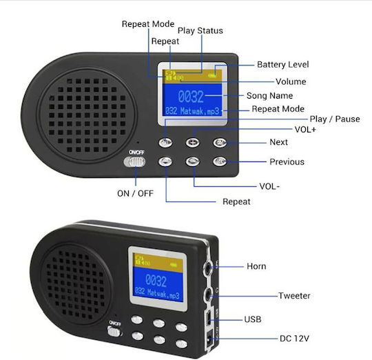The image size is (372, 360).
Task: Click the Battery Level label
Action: pyautogui.click(x=283, y=65)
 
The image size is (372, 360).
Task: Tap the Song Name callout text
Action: pyautogui.click(x=270, y=96)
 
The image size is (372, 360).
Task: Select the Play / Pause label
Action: pyautogui.click(x=335, y=119)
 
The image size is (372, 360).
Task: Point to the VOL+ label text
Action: pyautogui.click(x=305, y=130)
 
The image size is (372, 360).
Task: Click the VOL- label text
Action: pyautogui.click(x=269, y=186)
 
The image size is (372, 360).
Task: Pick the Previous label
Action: pyautogui.click(x=287, y=162)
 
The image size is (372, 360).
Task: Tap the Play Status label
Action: pyautogui.click(x=200, y=30)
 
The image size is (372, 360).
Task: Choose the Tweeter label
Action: pyautogui.click(x=294, y=296)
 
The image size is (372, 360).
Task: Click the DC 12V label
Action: pyautogui.click(x=294, y=339)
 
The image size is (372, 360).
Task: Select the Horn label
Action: pyautogui.click(x=256, y=266)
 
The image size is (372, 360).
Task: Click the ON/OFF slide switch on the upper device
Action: pyautogui.click(x=134, y=162)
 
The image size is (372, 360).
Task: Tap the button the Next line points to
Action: pyautogui.click(x=220, y=143)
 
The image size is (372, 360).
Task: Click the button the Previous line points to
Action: pyautogui.click(x=220, y=161)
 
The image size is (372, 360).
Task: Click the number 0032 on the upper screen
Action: pyautogui.click(x=191, y=97)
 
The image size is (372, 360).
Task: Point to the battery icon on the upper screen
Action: pyautogui.click(x=212, y=76)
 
